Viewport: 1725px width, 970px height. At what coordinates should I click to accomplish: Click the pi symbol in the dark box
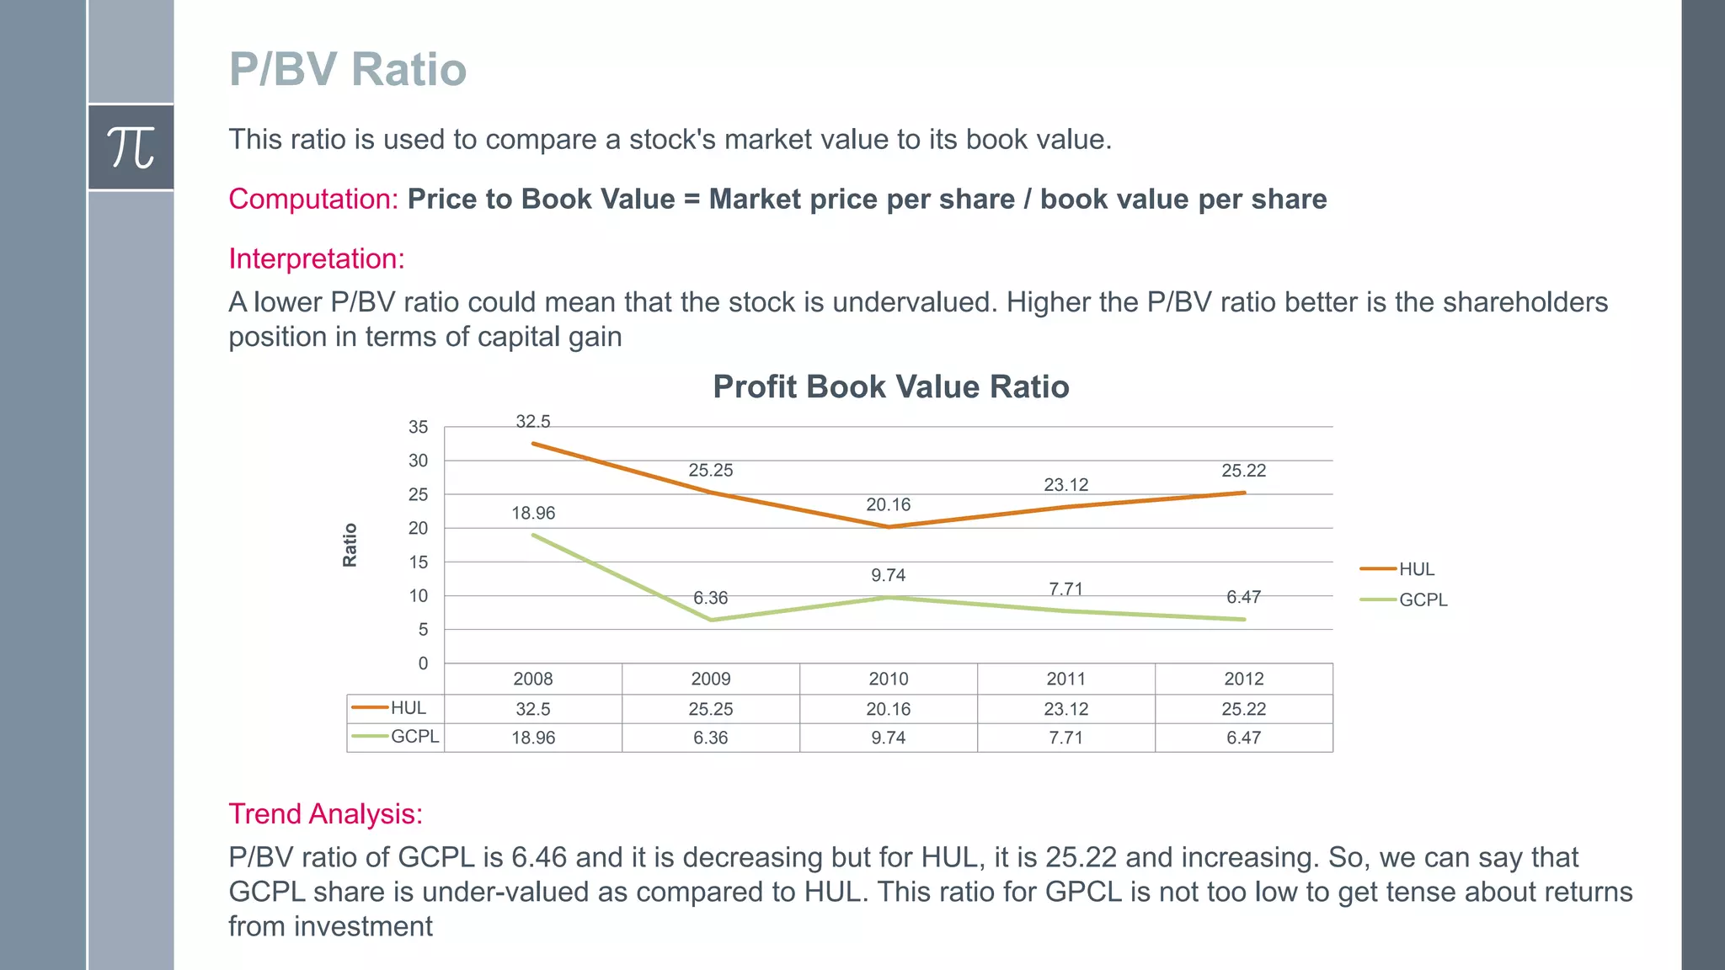(x=131, y=147)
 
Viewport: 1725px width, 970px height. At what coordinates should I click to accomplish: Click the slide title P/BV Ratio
(x=347, y=69)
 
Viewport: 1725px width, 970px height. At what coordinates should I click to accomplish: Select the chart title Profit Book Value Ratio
(x=890, y=386)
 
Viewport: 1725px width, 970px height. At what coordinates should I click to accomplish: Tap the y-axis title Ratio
(x=350, y=545)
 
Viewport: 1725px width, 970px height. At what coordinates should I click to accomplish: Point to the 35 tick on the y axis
(x=418, y=427)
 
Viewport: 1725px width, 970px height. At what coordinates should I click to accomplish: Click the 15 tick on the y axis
(x=418, y=562)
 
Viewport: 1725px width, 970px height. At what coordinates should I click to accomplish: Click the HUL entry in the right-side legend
(x=1416, y=569)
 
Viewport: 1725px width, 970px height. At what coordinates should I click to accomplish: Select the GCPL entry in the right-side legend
(x=1423, y=600)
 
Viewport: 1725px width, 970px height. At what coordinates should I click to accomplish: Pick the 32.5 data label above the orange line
(x=532, y=421)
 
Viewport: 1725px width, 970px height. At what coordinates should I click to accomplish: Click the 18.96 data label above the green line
(x=533, y=513)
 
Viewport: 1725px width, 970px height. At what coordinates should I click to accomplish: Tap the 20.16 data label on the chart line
(x=888, y=504)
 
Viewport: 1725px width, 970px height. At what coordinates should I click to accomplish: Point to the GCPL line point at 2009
(x=711, y=620)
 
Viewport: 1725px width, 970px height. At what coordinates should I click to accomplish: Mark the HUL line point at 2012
(x=1244, y=493)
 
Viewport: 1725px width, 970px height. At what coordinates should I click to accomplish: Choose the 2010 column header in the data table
(x=888, y=679)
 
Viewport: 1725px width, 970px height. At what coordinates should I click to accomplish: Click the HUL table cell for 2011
(x=1065, y=709)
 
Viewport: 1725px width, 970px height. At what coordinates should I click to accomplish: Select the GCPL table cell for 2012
(x=1243, y=738)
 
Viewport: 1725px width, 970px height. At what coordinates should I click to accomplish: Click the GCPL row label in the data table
(x=414, y=736)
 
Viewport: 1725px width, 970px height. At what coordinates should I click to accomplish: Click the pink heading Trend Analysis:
(x=325, y=813)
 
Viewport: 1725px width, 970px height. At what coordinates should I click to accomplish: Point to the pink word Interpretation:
(x=317, y=258)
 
